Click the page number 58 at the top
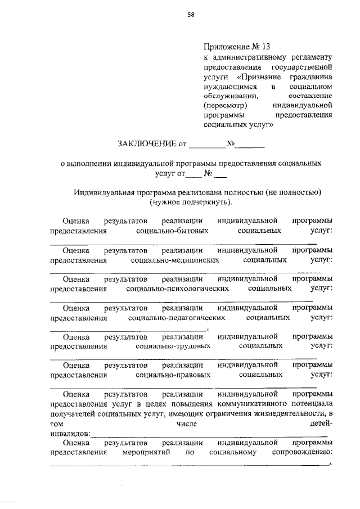pos(191,15)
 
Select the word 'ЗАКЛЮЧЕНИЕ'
pos(147,144)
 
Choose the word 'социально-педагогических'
pos(177,318)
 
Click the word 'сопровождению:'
pos(301,452)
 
